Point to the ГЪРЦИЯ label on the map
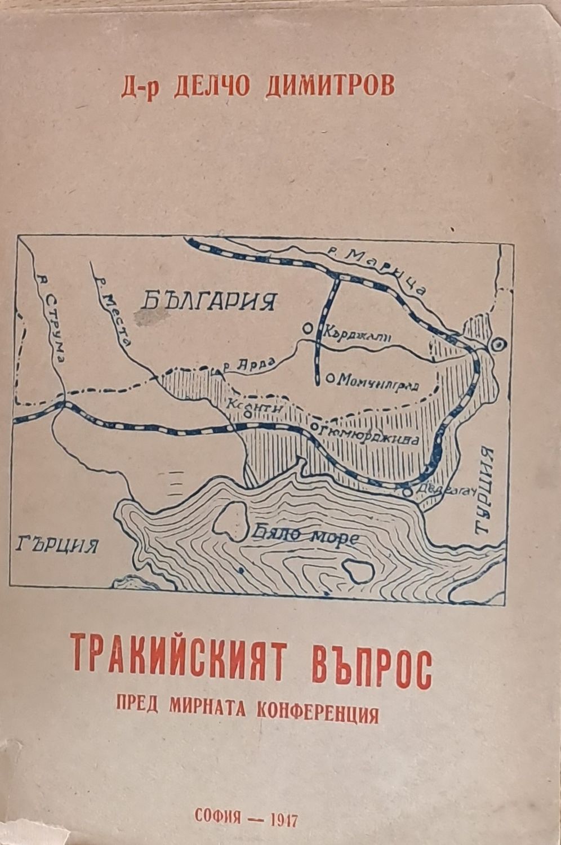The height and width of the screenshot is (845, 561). (x=55, y=545)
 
